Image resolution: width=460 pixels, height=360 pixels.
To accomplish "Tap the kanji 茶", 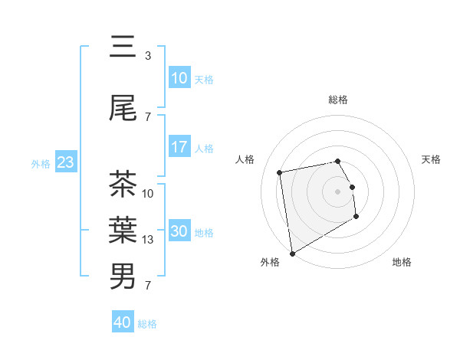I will coord(123,185).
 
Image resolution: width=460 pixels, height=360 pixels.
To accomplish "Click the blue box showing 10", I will coord(179,78).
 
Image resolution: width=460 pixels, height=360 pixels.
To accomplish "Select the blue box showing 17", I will coord(179,147).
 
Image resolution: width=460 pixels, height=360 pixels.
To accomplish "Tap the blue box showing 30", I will coord(179,231).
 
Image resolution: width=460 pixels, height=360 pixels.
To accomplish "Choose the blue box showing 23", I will coord(65,162).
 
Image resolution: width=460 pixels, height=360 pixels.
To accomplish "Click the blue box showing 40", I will coord(123,322).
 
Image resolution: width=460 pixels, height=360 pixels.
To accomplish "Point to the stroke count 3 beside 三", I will coord(148,56).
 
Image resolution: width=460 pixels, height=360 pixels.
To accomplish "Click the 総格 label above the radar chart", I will coord(338,100).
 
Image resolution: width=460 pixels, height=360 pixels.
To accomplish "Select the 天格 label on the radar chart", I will coord(432,159).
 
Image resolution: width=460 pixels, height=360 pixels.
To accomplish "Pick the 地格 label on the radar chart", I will coord(402,262).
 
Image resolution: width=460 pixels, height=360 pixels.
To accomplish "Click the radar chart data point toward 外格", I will coord(291,253).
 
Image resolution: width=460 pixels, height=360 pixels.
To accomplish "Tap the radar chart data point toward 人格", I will coord(280,172).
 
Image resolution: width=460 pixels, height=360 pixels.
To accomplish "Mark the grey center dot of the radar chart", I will coord(338,191).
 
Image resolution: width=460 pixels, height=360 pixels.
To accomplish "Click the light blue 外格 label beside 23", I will coord(40,163).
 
